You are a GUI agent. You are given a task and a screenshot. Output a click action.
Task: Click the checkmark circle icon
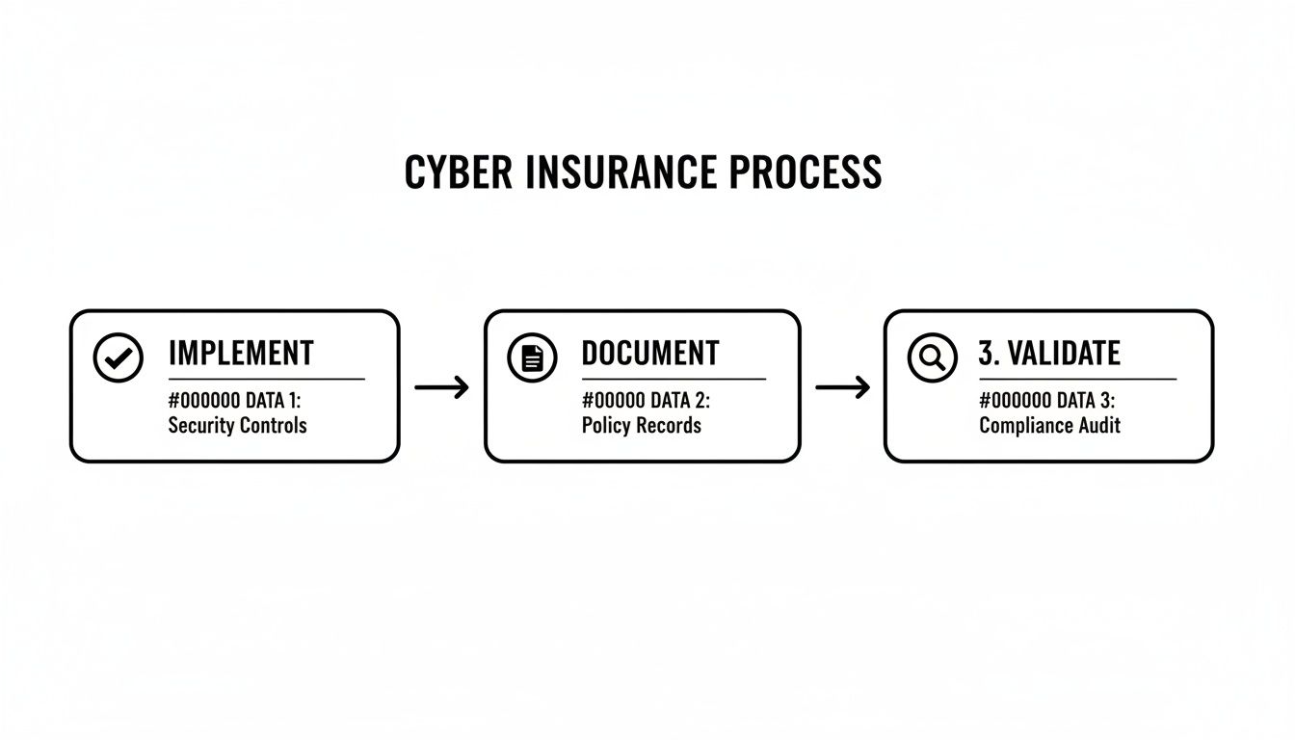[x=118, y=359]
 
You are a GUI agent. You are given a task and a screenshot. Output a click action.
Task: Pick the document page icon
[x=532, y=359]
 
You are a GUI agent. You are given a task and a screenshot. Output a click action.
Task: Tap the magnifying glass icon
[x=932, y=358]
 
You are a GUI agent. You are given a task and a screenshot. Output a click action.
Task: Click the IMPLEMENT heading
[x=241, y=354]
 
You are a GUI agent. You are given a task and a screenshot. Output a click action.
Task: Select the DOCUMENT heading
[x=650, y=354]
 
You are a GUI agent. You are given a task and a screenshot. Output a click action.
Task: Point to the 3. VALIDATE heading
[x=1049, y=354]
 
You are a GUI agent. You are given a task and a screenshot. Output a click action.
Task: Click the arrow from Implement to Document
[x=441, y=387]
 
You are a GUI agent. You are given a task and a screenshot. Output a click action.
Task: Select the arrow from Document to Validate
[x=842, y=387]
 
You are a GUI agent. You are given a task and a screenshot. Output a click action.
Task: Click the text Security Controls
[x=237, y=425]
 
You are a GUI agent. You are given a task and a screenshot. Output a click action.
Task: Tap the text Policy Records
[x=642, y=425]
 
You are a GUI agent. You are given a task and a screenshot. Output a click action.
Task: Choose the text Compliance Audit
[x=1049, y=425]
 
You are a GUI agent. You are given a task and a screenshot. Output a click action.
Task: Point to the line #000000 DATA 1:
[x=235, y=400]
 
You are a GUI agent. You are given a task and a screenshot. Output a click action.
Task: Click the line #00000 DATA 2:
[x=646, y=400]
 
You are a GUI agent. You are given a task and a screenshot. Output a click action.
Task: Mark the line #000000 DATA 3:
[x=1047, y=400]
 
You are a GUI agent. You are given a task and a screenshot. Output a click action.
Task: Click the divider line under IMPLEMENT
[x=267, y=380]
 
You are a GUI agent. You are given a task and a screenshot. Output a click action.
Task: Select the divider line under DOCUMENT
[x=674, y=380]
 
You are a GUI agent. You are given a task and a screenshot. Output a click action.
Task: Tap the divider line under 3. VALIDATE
[x=1077, y=380]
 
